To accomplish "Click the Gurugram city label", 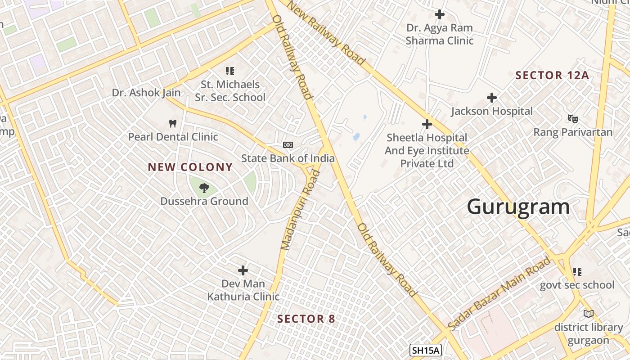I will coord(518,207).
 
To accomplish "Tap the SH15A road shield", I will coord(426,350).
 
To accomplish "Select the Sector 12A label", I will coord(552,75).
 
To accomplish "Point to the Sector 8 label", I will coord(306,319).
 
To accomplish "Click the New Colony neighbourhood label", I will coord(190,167).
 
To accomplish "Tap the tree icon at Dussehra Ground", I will coord(204,187).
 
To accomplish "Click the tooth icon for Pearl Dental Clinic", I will coord(172,123).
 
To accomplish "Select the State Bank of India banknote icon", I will coord(288,145).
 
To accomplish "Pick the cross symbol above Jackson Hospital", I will coord(492,97).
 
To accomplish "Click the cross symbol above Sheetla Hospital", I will coord(427,124).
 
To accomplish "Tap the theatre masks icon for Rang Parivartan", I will coord(572,119).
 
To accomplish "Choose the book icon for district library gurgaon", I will coord(588,314).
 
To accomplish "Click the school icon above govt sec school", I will coord(577,271).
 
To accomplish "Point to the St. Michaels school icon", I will coord(230,71).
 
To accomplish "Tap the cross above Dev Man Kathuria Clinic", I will coord(243,270).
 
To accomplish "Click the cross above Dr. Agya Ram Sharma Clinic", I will coord(440,14).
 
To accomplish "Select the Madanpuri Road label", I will coord(300,210).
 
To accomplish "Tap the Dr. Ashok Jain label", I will coord(146,93).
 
